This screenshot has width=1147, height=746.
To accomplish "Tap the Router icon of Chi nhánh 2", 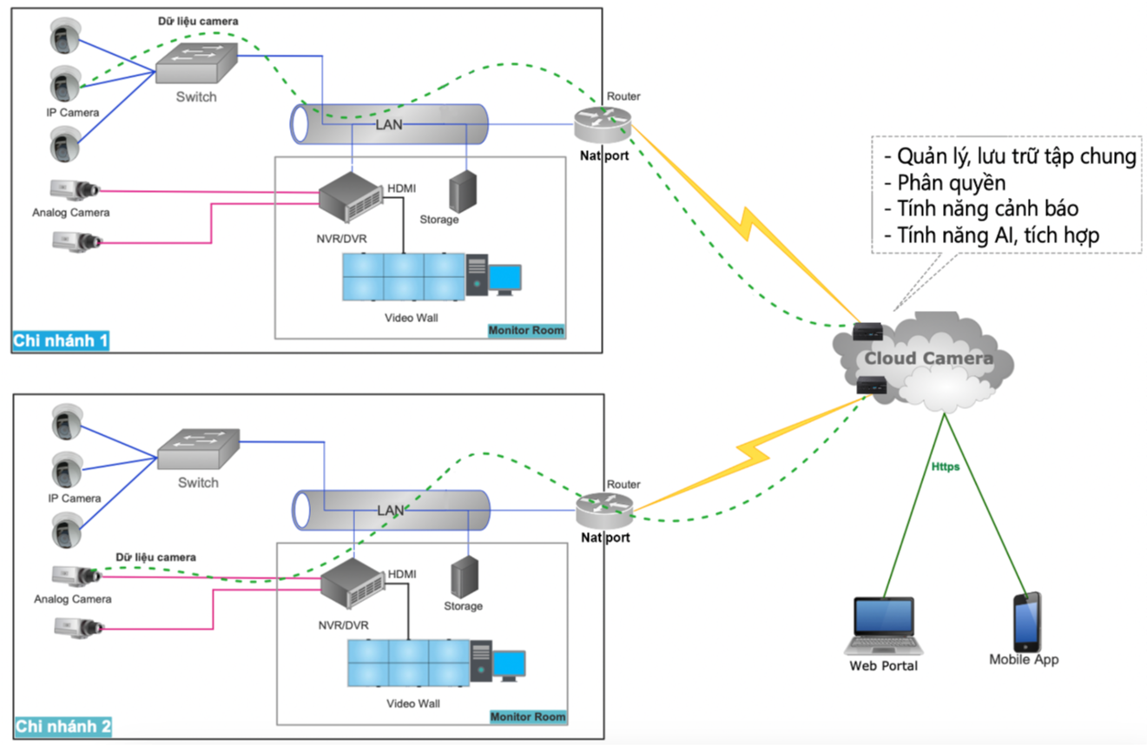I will [x=604, y=510].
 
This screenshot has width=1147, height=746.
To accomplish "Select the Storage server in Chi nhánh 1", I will [x=461, y=188].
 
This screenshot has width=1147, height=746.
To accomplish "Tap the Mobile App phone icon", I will [x=1026, y=622].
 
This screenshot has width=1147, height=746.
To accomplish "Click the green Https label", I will [x=945, y=466].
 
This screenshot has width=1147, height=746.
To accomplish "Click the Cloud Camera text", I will [x=928, y=359].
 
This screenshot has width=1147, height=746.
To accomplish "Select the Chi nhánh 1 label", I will [x=61, y=340].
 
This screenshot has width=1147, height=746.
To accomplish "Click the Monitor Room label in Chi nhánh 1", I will [x=525, y=330].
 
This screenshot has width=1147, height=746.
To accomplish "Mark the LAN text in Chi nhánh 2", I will [x=391, y=510].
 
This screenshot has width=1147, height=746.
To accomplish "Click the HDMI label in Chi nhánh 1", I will [x=401, y=188].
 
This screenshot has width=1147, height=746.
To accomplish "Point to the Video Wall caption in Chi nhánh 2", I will [x=413, y=703].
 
